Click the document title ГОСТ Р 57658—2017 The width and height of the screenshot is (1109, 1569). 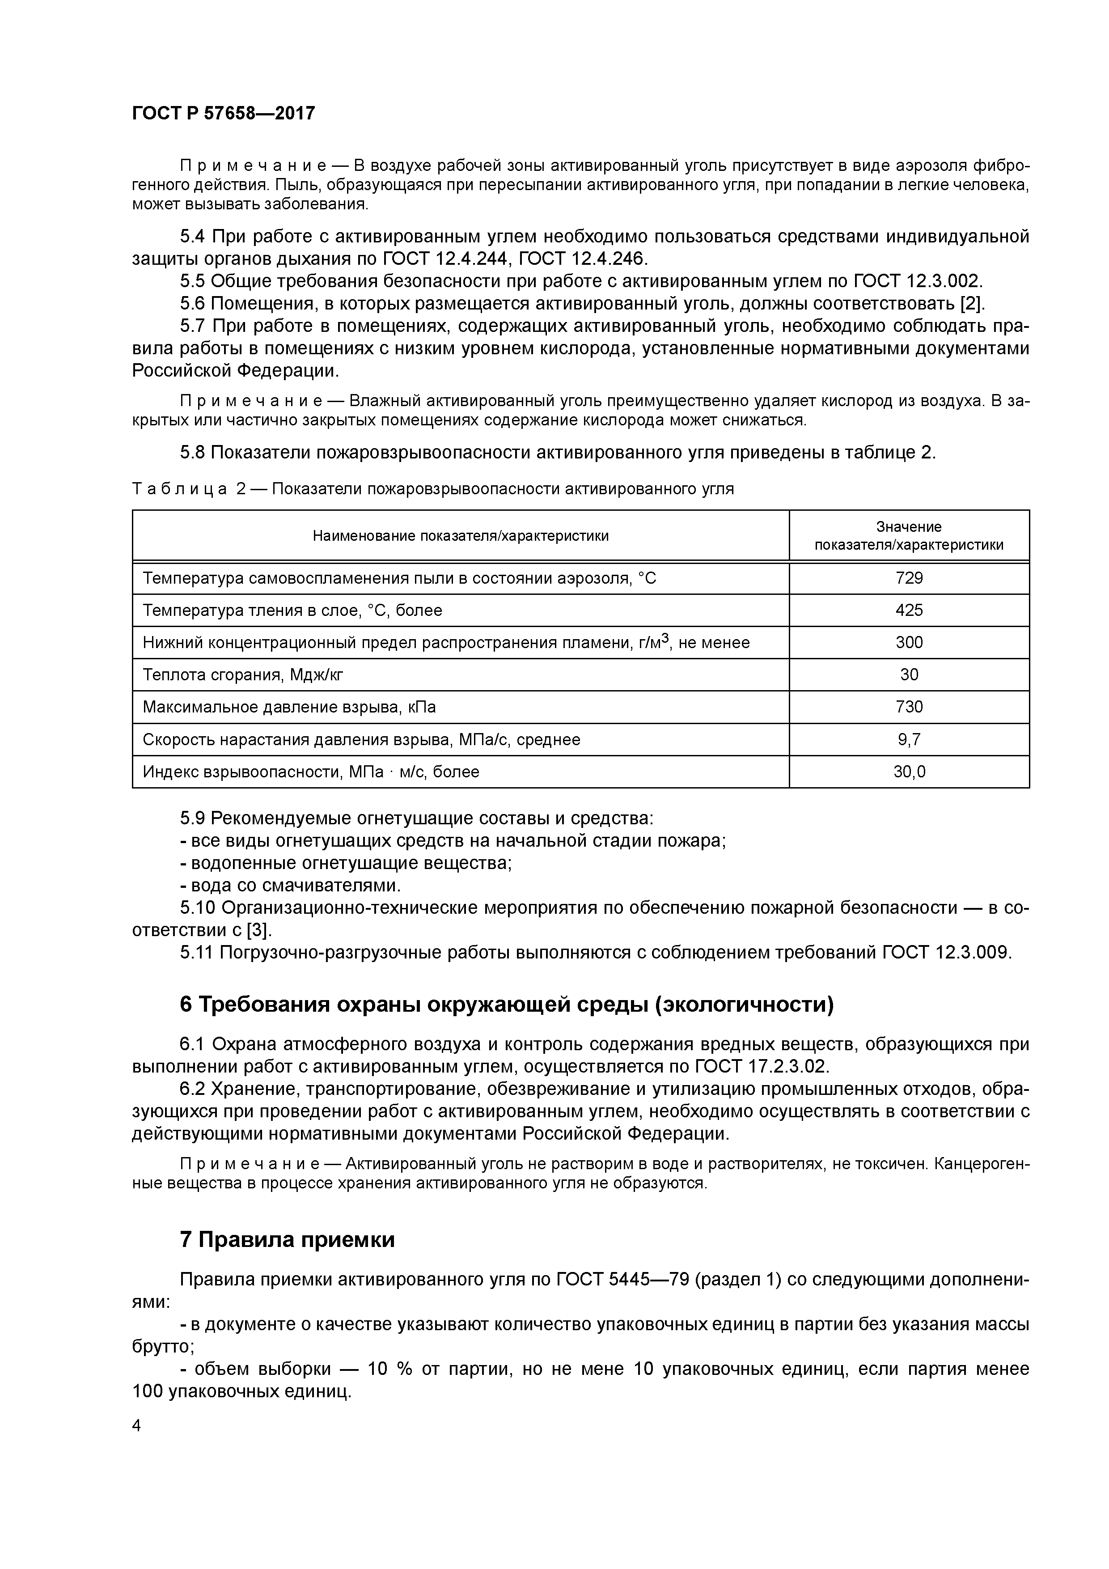[x=224, y=113]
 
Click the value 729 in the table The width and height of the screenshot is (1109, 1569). [x=909, y=578]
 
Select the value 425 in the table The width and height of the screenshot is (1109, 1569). [x=909, y=610]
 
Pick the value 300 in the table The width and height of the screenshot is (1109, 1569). [x=909, y=642]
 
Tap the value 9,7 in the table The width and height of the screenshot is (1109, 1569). [x=909, y=739]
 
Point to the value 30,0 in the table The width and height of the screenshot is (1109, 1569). [x=909, y=772]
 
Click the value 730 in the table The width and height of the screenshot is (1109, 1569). [x=909, y=707]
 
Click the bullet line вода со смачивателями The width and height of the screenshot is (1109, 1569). [x=290, y=886]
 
